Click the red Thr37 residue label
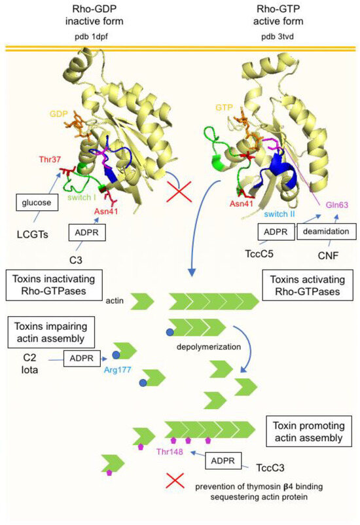(x=39, y=160)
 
